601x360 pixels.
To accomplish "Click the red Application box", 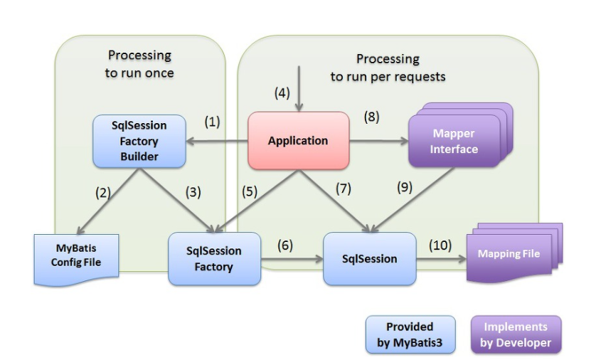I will (298, 141).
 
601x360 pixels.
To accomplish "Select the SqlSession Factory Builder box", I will (139, 141).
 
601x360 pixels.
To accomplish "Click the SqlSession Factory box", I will (213, 259).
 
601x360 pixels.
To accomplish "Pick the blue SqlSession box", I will (370, 258).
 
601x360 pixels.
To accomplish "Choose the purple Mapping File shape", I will (509, 254).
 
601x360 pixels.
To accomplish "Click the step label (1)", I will (213, 122).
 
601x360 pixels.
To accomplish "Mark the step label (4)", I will (282, 92).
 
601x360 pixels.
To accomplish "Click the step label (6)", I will (284, 245).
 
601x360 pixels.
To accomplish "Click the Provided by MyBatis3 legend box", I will (410, 334).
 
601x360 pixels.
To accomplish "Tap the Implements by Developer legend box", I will (516, 334).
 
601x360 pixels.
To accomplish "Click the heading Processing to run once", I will (141, 63).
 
